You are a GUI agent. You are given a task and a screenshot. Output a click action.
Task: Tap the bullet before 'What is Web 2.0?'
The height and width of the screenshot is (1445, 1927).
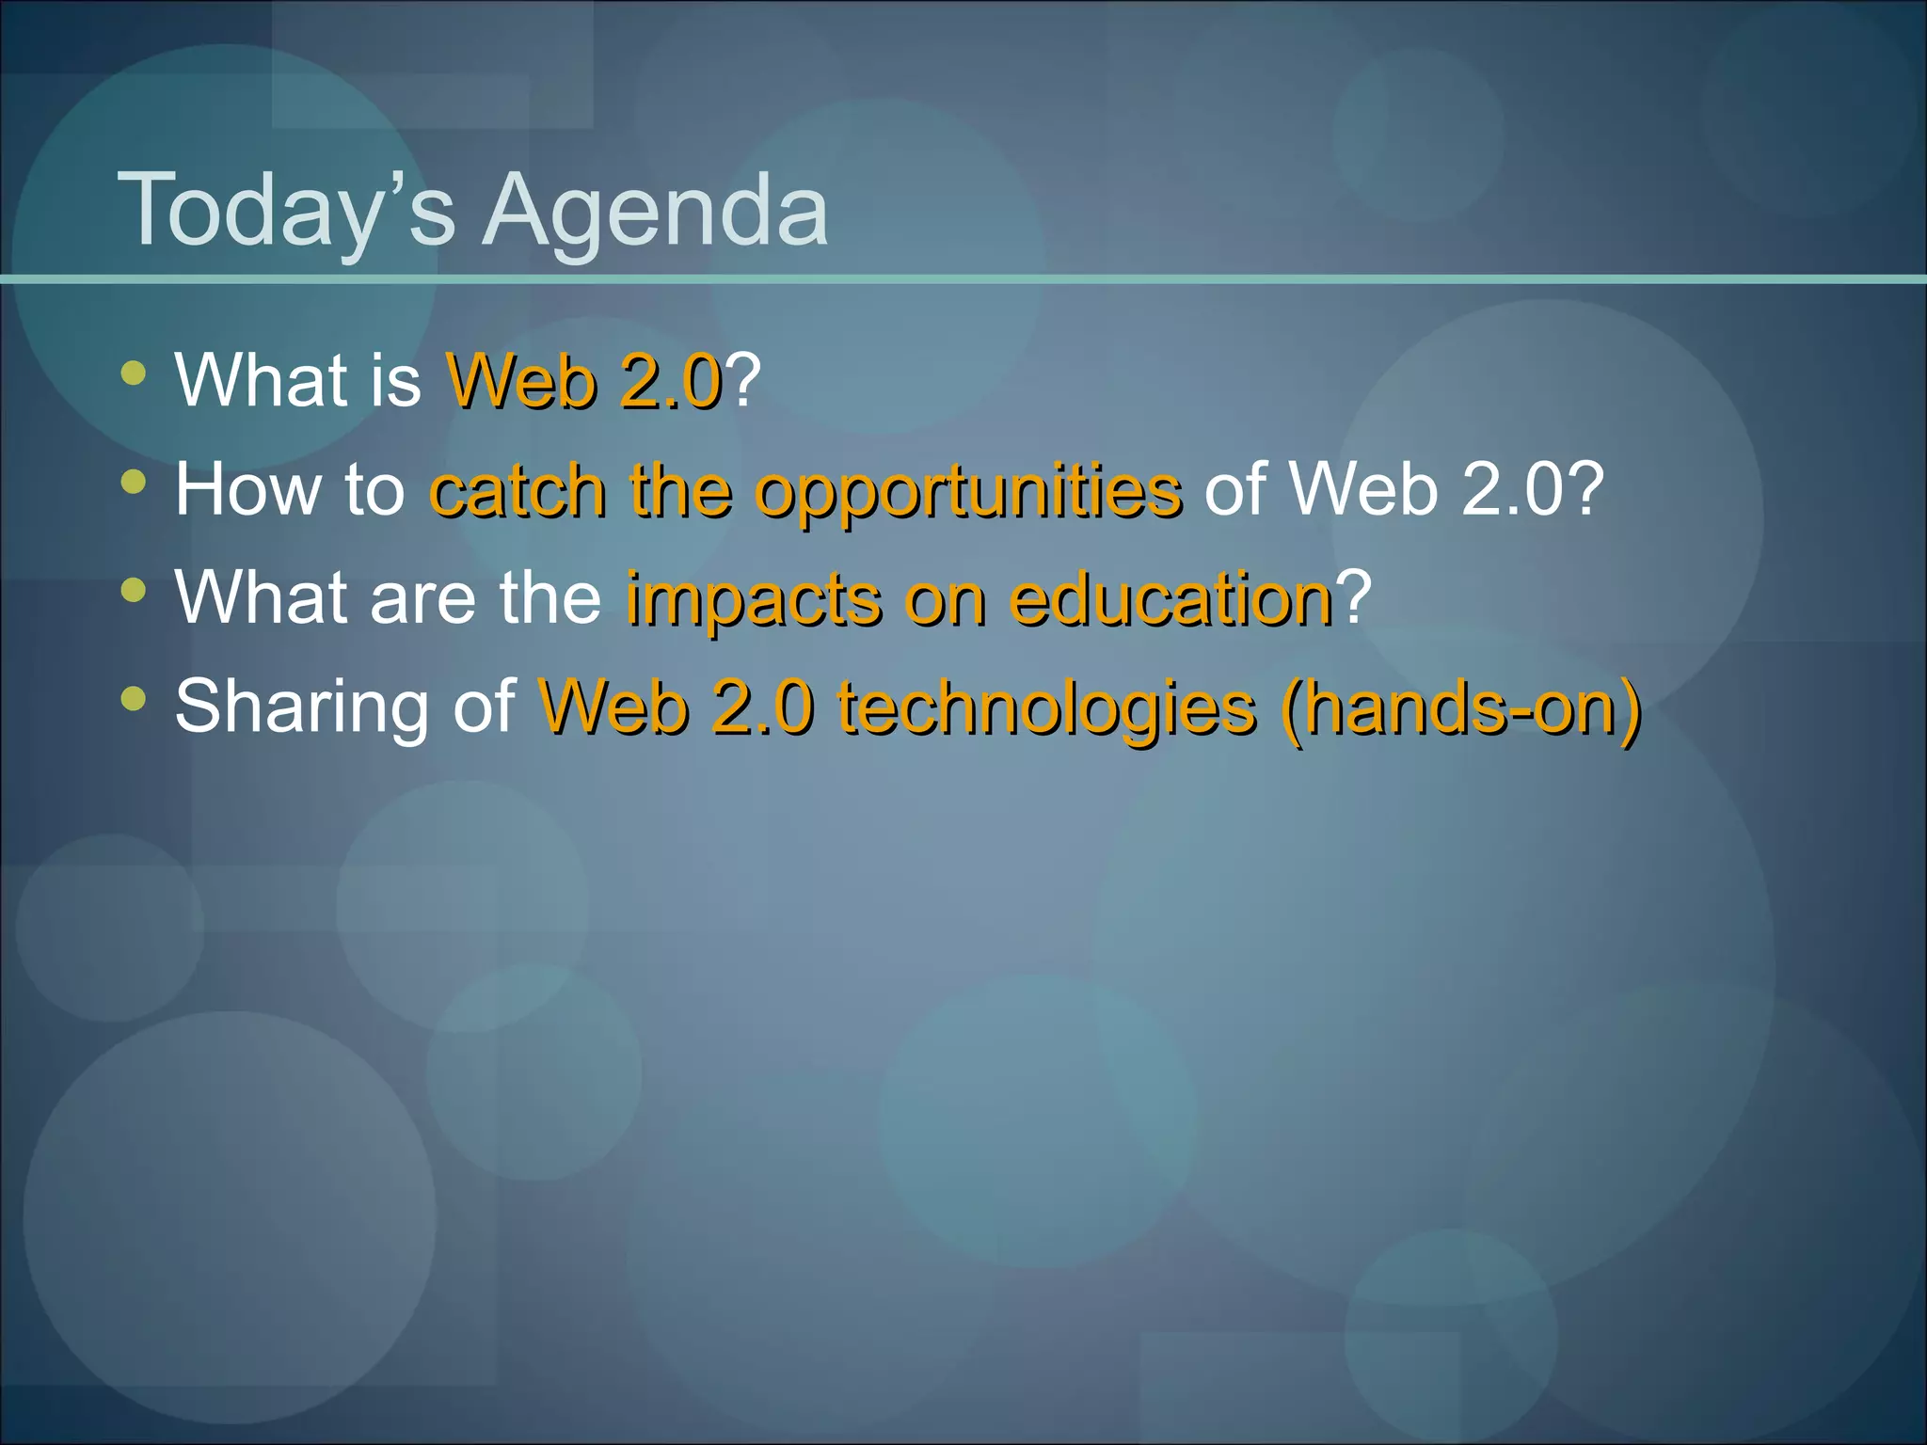(134, 373)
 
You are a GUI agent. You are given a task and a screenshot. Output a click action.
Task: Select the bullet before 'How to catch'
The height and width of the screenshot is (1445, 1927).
(134, 483)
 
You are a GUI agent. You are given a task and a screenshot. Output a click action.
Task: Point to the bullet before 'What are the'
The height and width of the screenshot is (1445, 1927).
(134, 591)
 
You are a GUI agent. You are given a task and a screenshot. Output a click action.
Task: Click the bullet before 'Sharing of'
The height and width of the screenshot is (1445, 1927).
(134, 699)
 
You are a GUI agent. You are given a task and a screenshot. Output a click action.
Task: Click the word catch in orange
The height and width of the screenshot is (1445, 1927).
(517, 490)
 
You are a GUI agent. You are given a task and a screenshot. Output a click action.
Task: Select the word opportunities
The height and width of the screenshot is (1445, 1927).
(968, 492)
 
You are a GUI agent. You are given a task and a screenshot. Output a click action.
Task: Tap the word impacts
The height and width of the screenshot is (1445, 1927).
(754, 599)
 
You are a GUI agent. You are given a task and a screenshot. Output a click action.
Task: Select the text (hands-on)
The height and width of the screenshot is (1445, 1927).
(1459, 707)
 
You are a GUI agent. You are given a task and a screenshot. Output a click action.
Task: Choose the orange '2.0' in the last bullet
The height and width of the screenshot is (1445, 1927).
(761, 707)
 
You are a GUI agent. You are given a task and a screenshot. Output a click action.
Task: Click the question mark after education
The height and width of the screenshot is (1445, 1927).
(1354, 597)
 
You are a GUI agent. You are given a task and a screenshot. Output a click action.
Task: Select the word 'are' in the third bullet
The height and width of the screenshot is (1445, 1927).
(424, 599)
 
